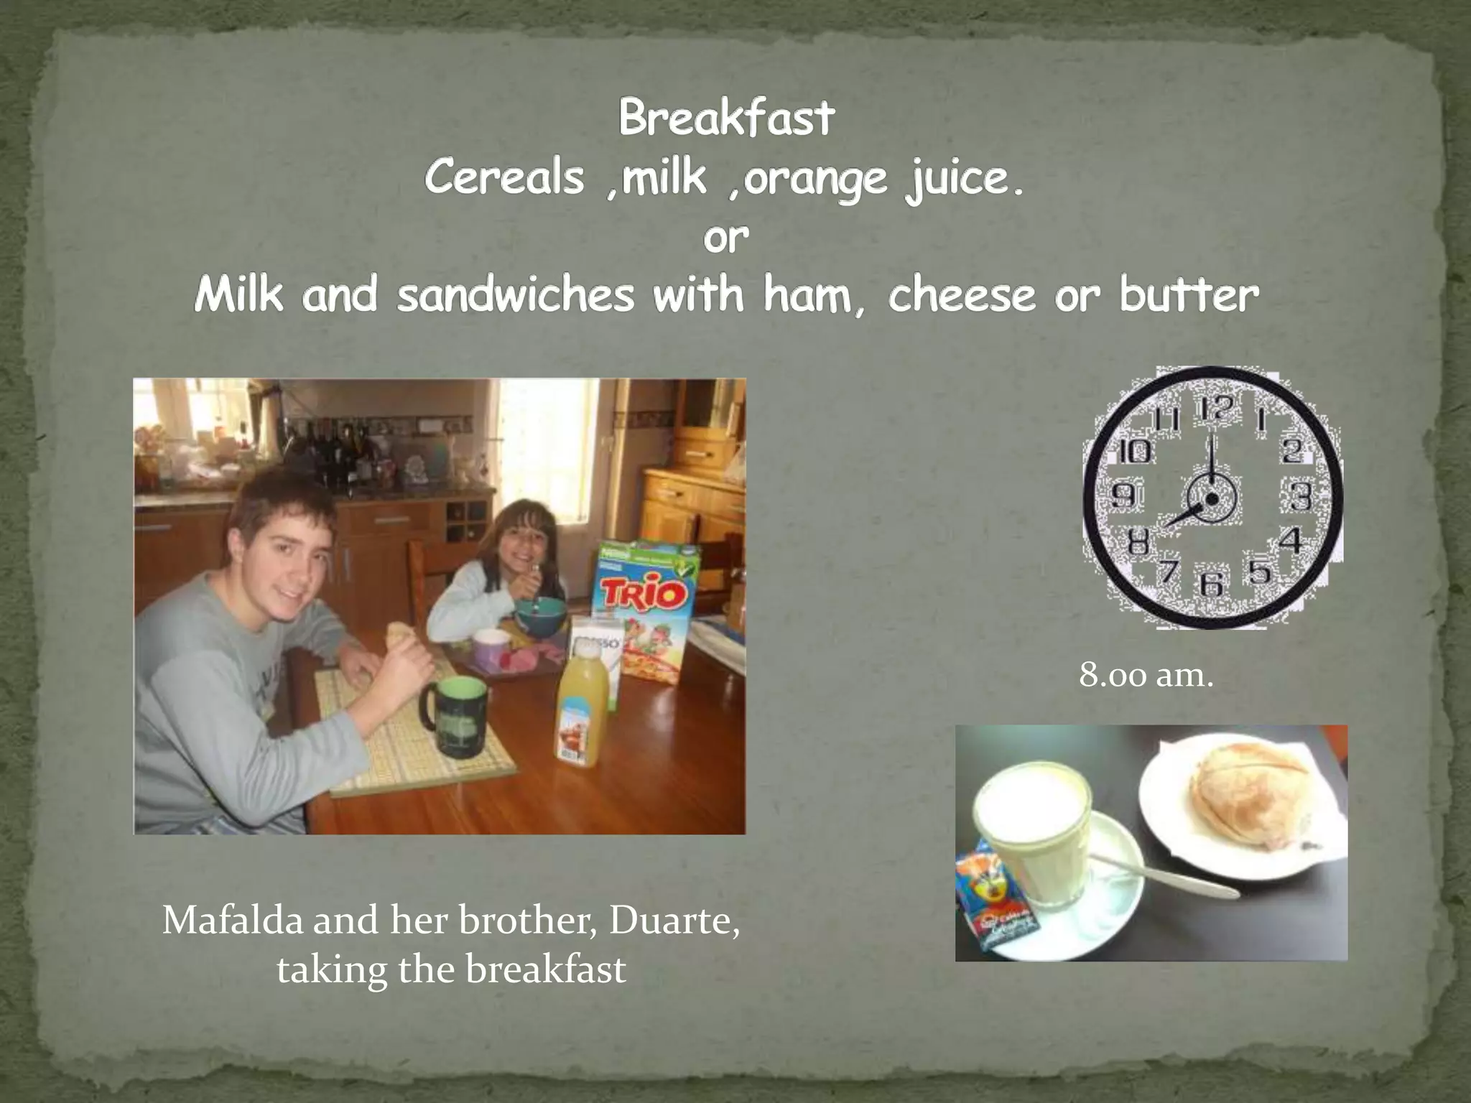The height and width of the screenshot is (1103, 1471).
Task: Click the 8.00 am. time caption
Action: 1146,675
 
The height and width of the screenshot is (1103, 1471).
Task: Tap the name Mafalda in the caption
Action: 233,920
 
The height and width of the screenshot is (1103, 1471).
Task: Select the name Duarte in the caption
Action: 674,920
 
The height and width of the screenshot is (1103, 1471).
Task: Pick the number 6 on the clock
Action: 1212,582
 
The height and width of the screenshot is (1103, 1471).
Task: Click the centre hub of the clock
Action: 1211,499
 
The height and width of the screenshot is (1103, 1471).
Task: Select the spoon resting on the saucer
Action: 1164,876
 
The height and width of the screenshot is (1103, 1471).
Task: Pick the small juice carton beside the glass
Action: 995,894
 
